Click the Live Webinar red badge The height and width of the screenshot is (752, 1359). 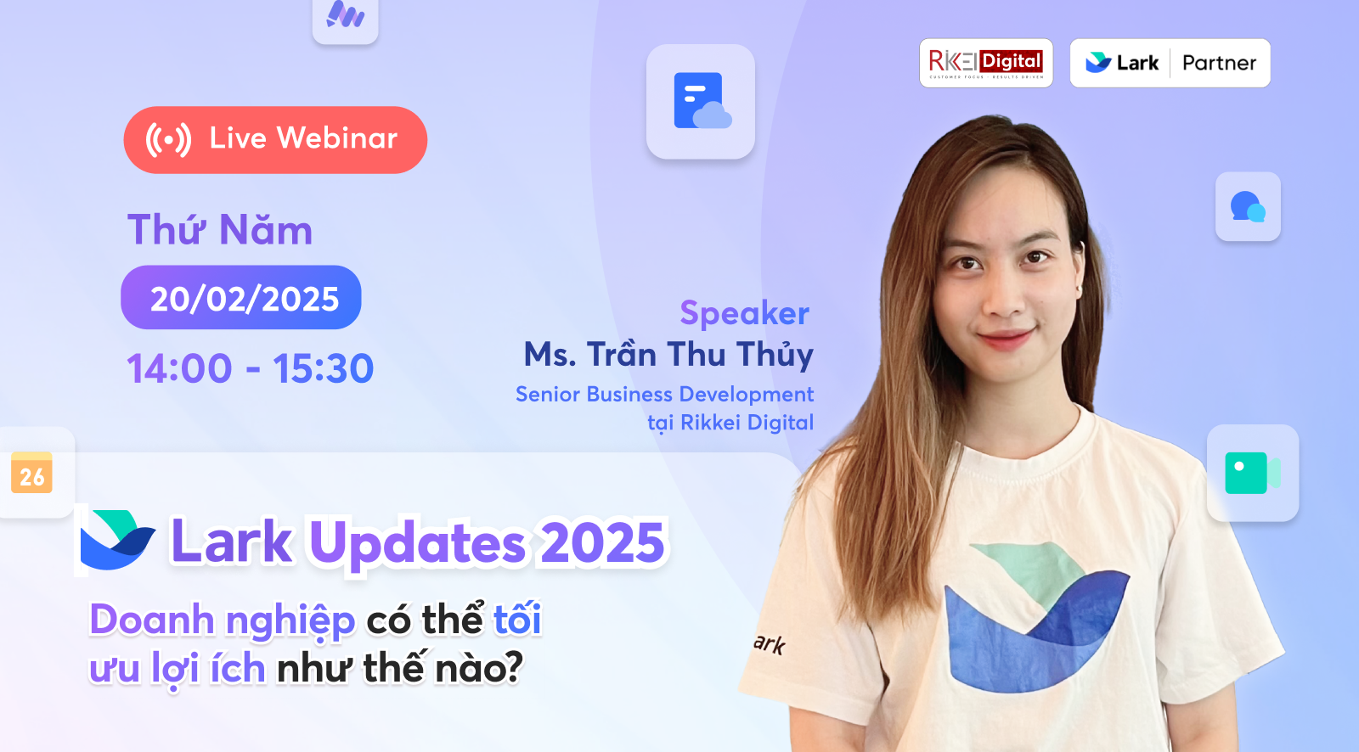(275, 140)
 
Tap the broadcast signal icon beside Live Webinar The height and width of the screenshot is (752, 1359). (168, 140)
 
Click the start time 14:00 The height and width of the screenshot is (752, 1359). (179, 368)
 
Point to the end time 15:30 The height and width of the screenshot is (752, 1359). (323, 368)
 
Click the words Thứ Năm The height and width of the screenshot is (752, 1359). (220, 230)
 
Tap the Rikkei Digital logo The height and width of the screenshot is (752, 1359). (985, 63)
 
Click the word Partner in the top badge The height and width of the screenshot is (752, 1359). (1219, 63)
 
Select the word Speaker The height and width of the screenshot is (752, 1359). (744, 313)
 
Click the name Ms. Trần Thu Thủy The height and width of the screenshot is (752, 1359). (668, 355)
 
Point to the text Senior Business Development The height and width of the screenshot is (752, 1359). (664, 395)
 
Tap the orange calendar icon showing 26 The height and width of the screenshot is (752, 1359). (32, 473)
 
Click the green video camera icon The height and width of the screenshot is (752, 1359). (1252, 473)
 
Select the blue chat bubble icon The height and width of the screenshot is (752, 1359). (1247, 206)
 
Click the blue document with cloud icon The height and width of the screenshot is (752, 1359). (701, 101)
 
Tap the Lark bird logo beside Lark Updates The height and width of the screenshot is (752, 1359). (117, 540)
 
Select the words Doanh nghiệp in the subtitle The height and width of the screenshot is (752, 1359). (222, 620)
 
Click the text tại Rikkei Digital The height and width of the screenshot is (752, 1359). (730, 423)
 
